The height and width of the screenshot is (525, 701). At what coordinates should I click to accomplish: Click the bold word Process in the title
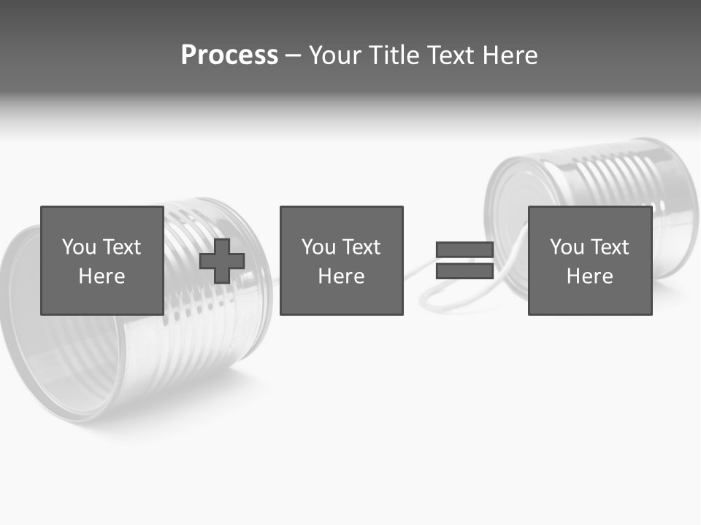click(229, 55)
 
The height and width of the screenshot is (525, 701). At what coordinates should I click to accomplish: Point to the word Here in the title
click(509, 55)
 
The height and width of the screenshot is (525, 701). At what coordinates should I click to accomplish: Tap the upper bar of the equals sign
click(464, 250)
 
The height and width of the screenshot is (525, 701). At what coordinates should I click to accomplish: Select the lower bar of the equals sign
click(464, 271)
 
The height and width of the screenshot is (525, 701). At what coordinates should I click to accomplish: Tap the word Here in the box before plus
click(101, 276)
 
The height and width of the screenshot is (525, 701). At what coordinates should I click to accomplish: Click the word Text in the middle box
click(361, 247)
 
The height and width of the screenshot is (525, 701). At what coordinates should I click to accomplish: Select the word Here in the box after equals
click(589, 276)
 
